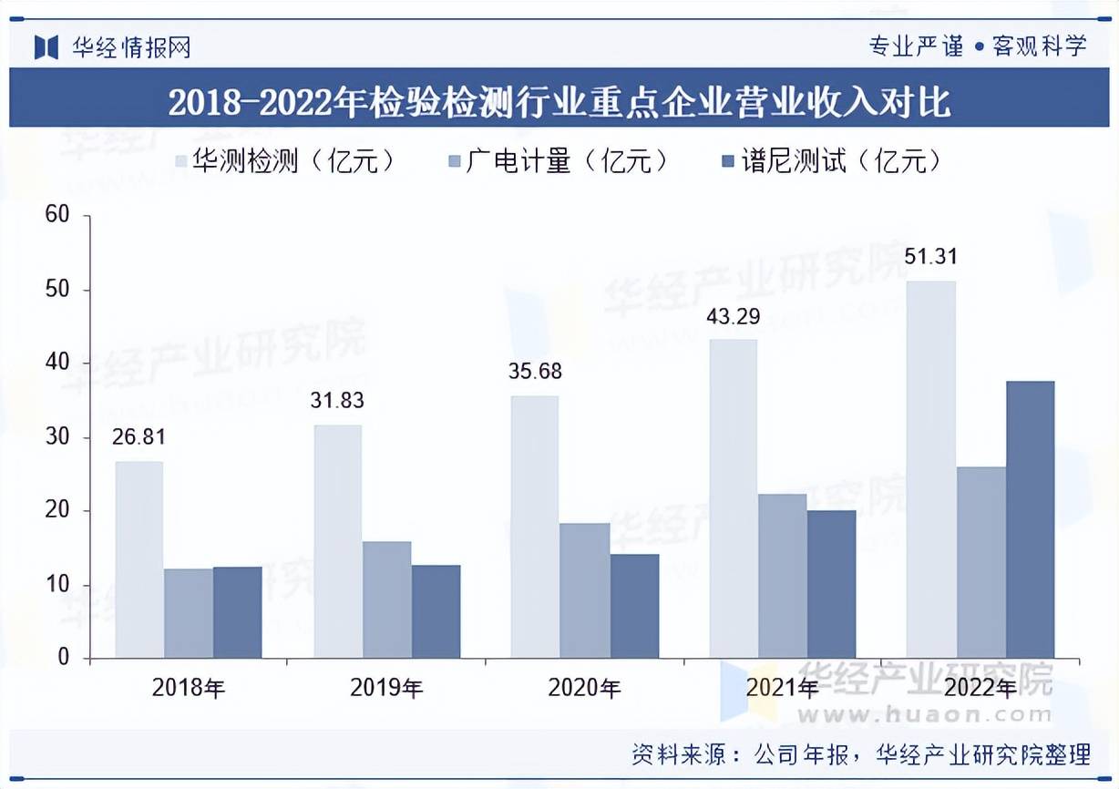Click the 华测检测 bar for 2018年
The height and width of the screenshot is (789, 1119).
[x=139, y=559]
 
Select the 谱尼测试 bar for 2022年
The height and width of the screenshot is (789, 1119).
[x=1030, y=519]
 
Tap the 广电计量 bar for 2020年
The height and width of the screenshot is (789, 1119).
[x=584, y=590]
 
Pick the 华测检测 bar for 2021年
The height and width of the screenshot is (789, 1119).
[x=733, y=498]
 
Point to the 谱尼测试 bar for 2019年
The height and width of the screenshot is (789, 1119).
[x=436, y=611]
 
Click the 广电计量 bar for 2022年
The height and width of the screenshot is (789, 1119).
[x=980, y=562]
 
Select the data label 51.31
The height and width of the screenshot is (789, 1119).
[x=930, y=257]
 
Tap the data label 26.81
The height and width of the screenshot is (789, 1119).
[x=139, y=437]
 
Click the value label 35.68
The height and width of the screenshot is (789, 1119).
[x=535, y=372]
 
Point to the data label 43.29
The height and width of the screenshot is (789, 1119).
[x=733, y=317]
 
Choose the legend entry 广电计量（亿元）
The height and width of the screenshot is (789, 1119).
[x=559, y=161]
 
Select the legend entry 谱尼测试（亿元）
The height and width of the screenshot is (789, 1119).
[x=830, y=161]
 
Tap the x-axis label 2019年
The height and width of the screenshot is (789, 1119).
[x=386, y=688]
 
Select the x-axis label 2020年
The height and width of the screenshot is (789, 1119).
[x=584, y=688]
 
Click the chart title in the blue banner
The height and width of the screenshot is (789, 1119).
[x=559, y=101]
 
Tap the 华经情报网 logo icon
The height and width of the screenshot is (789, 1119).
[x=46, y=46]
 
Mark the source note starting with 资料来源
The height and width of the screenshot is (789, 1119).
[x=860, y=754]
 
